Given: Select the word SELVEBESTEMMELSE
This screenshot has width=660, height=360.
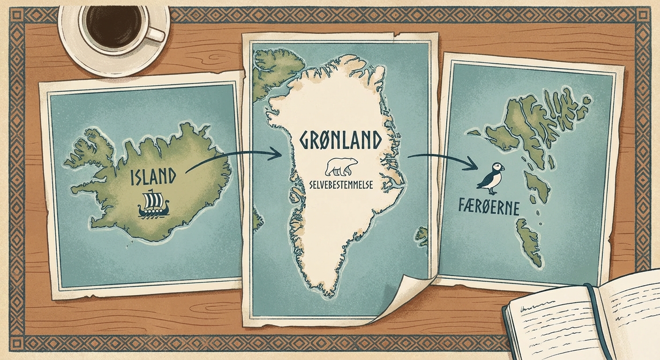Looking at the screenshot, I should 341,185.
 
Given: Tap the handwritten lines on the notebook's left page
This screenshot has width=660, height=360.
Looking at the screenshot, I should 548,323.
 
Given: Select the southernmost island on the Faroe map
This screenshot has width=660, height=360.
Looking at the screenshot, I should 530,244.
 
